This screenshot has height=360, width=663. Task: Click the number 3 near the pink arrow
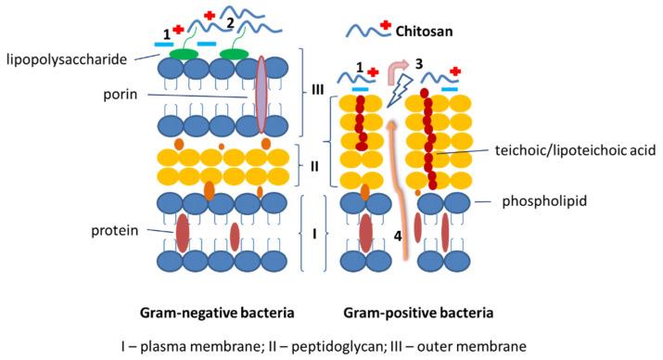419,65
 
